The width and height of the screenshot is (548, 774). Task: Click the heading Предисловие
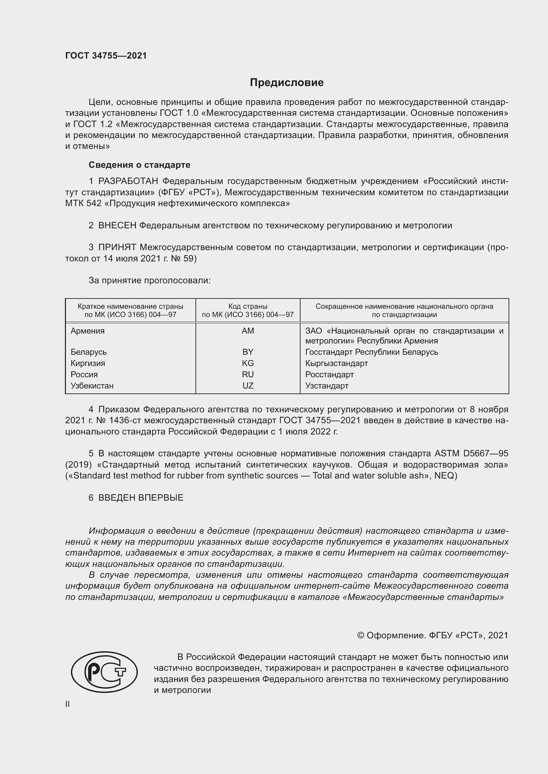[x=287, y=83]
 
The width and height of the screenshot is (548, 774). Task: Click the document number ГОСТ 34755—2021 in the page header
[x=106, y=56]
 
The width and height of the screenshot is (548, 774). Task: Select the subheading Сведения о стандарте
[x=139, y=165]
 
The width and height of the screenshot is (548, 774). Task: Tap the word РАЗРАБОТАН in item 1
[x=128, y=181]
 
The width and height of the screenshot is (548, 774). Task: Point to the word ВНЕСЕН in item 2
[x=117, y=226]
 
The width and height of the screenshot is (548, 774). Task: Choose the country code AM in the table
[x=248, y=331]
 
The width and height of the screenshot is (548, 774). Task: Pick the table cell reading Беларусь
[x=89, y=352]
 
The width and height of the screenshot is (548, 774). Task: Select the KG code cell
[x=248, y=363]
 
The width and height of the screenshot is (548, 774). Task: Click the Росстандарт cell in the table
[x=329, y=375]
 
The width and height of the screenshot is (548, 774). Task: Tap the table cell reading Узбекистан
[x=92, y=386]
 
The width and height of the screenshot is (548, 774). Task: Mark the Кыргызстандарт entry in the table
[x=336, y=363]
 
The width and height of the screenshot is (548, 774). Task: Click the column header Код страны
[x=248, y=306]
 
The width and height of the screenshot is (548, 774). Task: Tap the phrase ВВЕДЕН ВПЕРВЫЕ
[x=141, y=498]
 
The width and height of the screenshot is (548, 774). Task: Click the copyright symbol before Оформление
[x=360, y=635]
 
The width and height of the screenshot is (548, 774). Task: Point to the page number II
[x=68, y=704]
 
